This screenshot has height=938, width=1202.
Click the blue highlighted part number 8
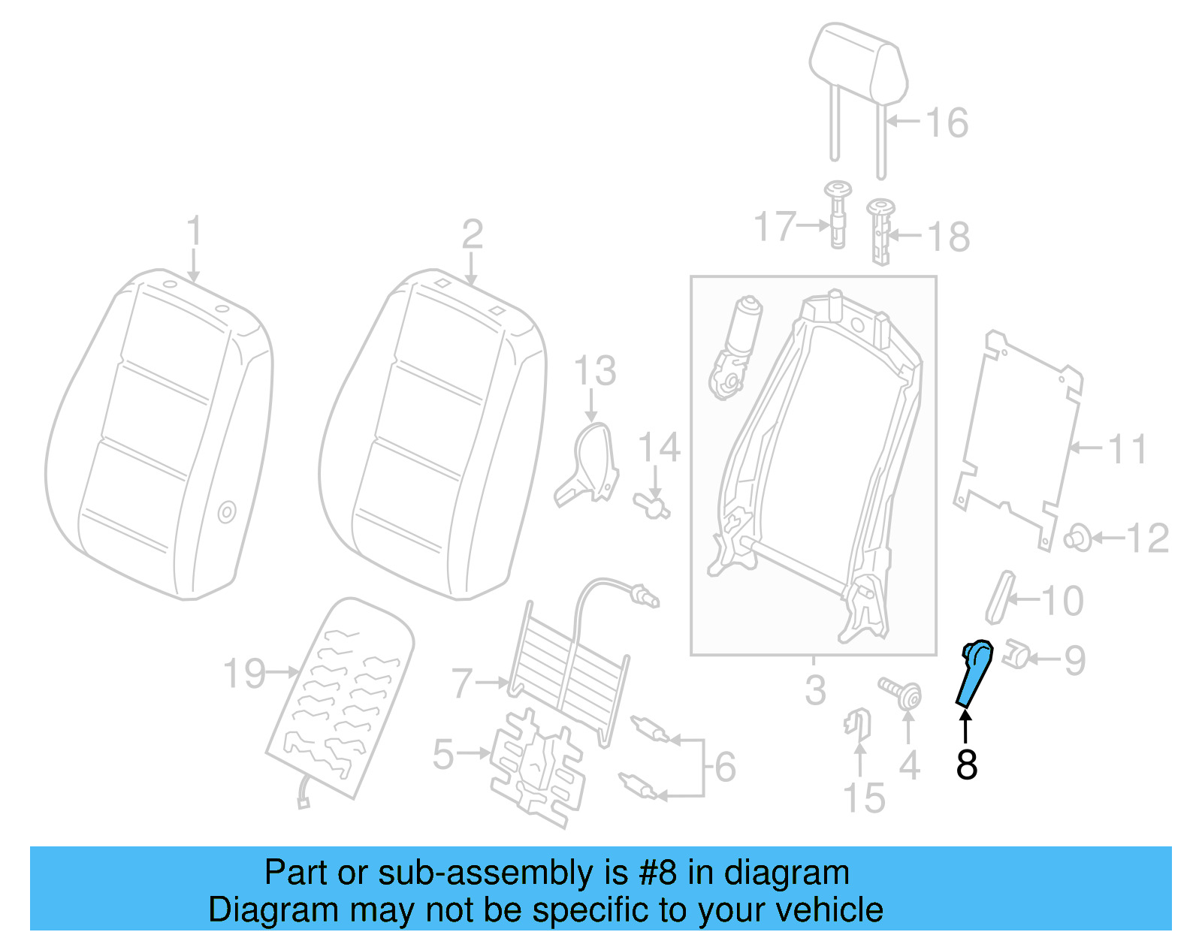click(974, 672)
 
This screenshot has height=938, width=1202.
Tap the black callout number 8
click(966, 765)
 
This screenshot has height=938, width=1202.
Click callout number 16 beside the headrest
click(947, 122)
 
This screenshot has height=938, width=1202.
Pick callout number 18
click(948, 237)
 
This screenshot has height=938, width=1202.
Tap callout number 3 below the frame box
click(815, 690)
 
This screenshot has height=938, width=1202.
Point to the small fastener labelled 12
click(1078, 538)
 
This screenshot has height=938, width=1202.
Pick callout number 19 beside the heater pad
click(244, 673)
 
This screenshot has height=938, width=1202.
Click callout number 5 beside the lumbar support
click(443, 754)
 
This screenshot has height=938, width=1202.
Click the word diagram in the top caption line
click(787, 873)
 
